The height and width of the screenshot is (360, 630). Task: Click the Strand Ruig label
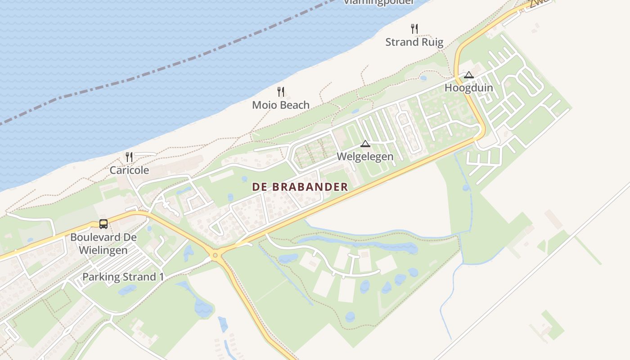coord(414,42)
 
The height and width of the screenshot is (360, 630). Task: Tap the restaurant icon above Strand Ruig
coord(414,29)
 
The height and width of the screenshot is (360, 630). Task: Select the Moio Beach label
coord(281,105)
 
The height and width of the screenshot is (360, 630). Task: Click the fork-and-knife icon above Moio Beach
coord(281,92)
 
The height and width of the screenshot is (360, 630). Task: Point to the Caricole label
coord(129,171)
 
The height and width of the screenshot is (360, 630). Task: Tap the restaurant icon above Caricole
coord(129,157)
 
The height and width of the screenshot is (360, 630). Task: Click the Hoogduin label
coord(469,88)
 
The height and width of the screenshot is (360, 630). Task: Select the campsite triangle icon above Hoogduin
coord(469,75)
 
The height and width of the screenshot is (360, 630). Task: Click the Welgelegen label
coord(365,157)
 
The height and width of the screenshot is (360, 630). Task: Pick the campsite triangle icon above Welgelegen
coord(365,144)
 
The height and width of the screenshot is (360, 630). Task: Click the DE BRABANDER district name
coord(300,187)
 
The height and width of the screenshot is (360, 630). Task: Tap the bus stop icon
coord(103,224)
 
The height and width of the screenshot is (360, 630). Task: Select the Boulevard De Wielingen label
coord(103,243)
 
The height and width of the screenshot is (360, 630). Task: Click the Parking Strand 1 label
coord(123,277)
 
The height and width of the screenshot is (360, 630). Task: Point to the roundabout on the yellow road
coord(216,255)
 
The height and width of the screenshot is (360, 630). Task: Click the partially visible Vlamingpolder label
coord(378,2)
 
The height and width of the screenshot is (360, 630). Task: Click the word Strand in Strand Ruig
coord(402,42)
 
